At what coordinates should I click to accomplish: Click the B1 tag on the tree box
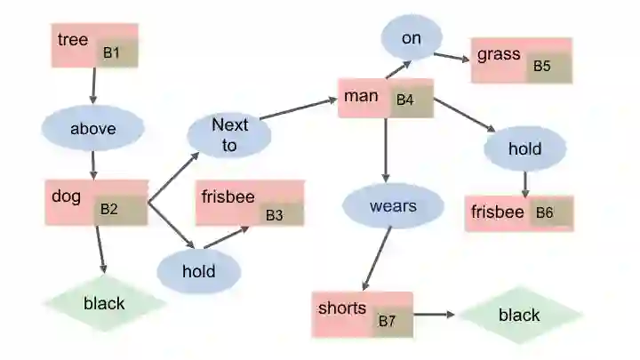(116, 53)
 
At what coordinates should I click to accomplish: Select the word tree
(73, 39)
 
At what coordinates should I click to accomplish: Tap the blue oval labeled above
(93, 129)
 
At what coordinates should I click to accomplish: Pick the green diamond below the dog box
(105, 303)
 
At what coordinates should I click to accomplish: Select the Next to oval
(229, 134)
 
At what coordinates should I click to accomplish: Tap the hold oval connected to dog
(199, 270)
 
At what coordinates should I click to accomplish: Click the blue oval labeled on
(411, 38)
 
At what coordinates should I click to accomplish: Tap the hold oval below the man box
(524, 148)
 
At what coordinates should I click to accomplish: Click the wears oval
(393, 206)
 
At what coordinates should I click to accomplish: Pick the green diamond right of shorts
(520, 315)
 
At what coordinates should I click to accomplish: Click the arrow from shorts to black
(436, 315)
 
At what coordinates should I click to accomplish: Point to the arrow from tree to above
(93, 86)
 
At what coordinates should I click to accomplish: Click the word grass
(499, 54)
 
